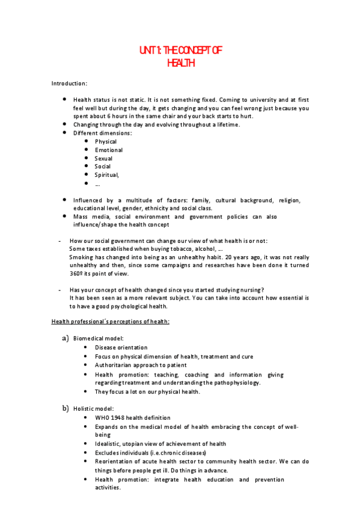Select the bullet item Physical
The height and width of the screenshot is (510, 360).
click(106, 141)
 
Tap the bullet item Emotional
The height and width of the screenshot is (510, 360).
click(109, 150)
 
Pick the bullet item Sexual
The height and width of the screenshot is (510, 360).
click(103, 158)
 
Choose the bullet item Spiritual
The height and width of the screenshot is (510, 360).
click(107, 174)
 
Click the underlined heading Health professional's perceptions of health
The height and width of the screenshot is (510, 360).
click(111, 322)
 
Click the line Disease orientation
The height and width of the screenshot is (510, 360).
click(121, 348)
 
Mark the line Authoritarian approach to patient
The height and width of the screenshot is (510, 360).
click(132, 365)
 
